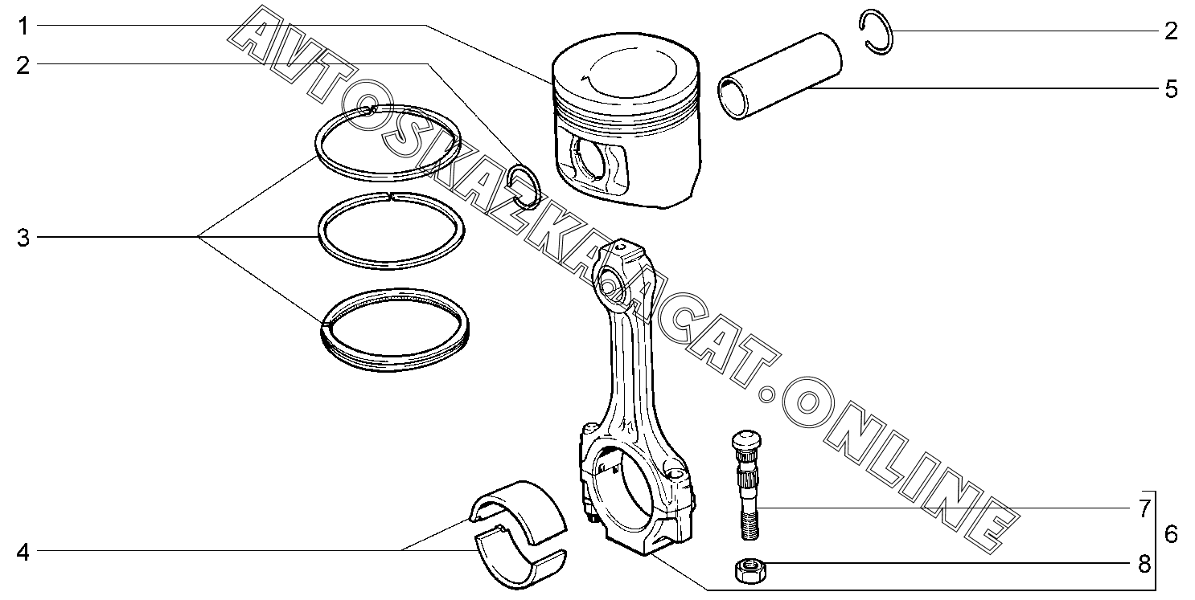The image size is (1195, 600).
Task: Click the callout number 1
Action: [x=23, y=27]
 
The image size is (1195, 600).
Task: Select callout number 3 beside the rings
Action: [x=23, y=238]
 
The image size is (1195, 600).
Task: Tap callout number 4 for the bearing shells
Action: [x=23, y=552]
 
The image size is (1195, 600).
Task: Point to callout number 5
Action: [x=1170, y=88]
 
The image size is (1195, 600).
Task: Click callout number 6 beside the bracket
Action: [x=1170, y=533]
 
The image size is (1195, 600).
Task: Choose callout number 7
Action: [x=1144, y=508]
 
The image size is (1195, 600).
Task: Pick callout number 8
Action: [x=1144, y=564]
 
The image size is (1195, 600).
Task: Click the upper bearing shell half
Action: [x=519, y=506]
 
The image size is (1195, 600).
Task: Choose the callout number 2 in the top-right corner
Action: [x=1170, y=31]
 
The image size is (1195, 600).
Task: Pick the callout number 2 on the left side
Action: [x=23, y=65]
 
